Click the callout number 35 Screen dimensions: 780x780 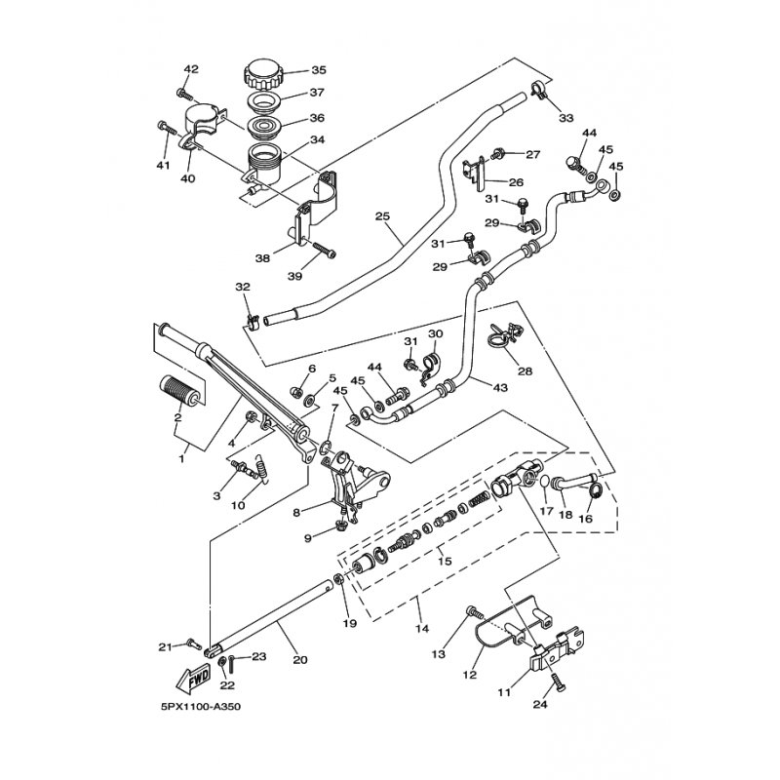coord(319,70)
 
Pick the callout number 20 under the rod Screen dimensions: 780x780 coord(299,660)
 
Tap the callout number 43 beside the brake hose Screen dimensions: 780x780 coord(500,387)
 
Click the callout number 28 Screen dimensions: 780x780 coord(526,371)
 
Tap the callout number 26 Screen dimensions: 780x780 coord(516,182)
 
